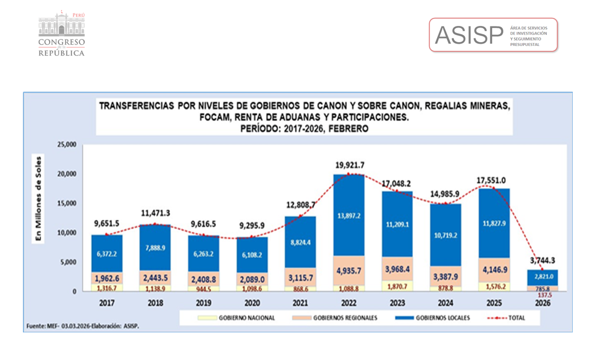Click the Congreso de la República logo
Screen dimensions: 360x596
click(62, 34)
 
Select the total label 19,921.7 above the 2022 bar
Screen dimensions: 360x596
click(350, 165)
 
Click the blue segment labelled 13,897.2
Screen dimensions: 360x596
click(349, 216)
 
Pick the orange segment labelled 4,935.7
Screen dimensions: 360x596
click(349, 271)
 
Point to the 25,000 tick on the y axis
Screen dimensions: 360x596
click(67, 145)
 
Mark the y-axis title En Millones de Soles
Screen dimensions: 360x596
click(38, 198)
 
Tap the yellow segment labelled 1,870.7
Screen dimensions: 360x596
click(397, 286)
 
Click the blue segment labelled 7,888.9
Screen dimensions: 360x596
click(156, 248)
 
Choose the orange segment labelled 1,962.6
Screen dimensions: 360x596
click(106, 278)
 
